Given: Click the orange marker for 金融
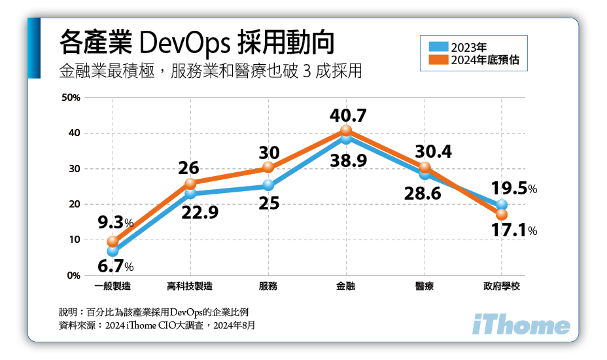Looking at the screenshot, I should (x=346, y=131).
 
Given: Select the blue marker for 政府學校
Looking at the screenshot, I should (x=502, y=206).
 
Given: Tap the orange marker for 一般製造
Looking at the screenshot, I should (x=113, y=242).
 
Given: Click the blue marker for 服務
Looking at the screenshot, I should (x=268, y=186).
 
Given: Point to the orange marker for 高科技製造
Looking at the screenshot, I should (x=190, y=183).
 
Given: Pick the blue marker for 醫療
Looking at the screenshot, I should (x=424, y=174).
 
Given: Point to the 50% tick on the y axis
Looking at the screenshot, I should (x=70, y=98).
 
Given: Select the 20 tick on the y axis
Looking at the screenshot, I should (x=74, y=204).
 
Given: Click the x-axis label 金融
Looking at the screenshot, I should (x=346, y=286).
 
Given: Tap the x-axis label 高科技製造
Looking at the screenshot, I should (x=190, y=286).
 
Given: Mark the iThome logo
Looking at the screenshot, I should (x=521, y=325).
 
